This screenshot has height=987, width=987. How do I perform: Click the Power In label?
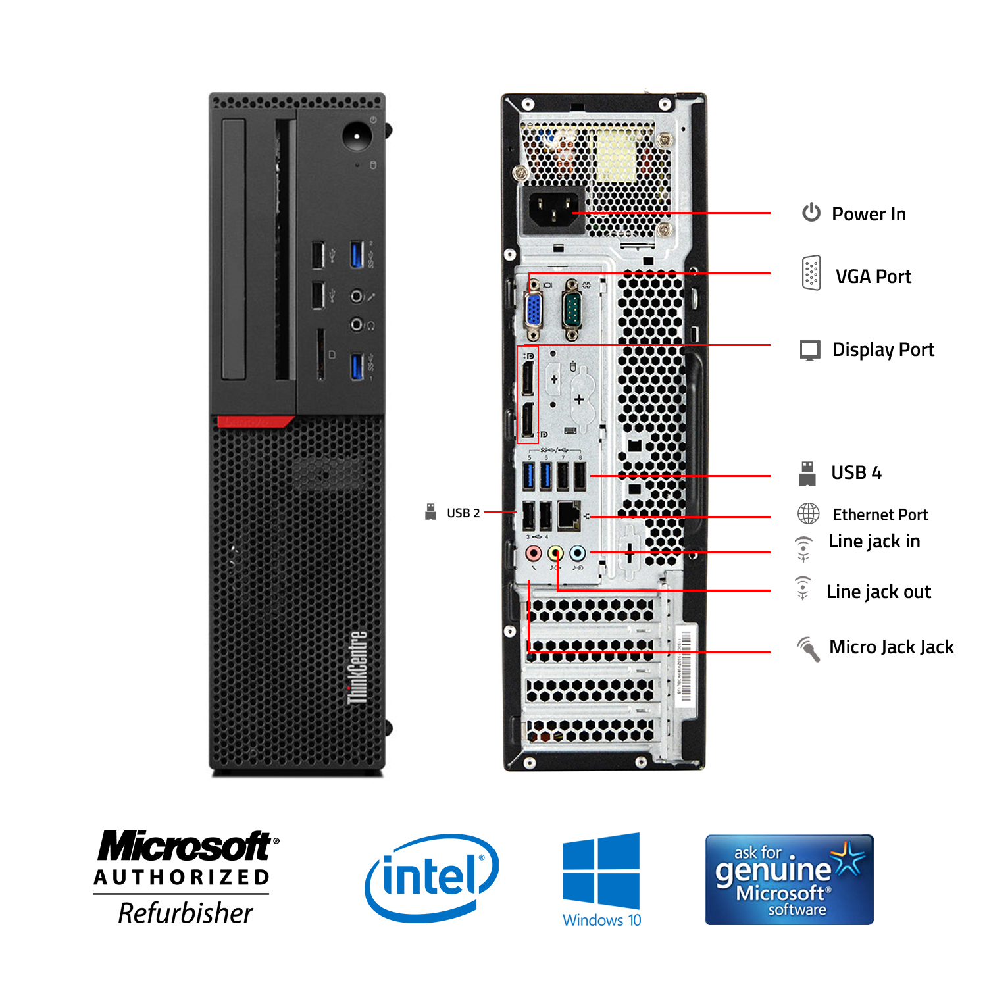[869, 214]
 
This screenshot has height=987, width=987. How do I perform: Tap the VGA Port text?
[873, 276]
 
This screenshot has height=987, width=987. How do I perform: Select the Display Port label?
[883, 349]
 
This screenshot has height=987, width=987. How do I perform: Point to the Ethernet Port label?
[880, 515]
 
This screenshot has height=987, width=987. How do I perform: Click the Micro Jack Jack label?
[891, 647]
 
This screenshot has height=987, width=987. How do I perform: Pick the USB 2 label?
[463, 513]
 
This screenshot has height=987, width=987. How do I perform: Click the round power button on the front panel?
[357, 136]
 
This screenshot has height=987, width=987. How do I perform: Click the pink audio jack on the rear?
[533, 553]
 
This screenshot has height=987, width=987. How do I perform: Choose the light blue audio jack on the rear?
[577, 553]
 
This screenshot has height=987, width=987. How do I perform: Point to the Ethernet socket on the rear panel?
[569, 515]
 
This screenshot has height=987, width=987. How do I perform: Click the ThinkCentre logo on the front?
[357, 667]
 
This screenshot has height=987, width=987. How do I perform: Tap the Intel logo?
[432, 877]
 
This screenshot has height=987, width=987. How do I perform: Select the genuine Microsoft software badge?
[789, 879]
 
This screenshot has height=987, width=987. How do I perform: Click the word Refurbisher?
[186, 913]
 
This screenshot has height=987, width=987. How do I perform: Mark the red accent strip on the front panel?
[255, 421]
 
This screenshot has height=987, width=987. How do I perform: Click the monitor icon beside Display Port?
[810, 350]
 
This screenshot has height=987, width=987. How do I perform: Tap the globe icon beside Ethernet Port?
[809, 513]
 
